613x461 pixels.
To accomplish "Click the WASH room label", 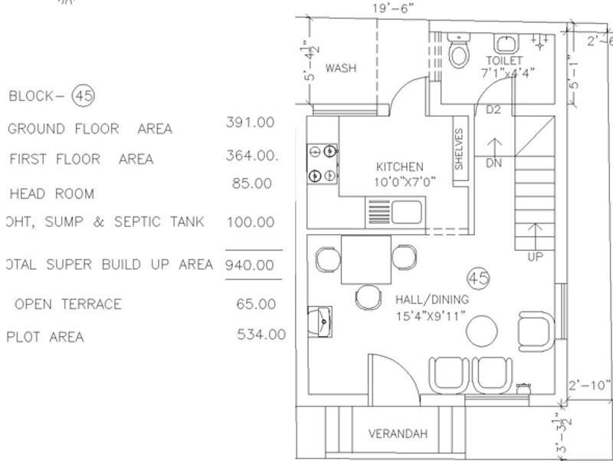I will [340, 68].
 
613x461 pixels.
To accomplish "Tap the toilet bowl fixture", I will [459, 52].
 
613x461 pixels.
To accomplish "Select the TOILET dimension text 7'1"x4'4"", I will [507, 74].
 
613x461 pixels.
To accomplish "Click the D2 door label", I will [493, 110].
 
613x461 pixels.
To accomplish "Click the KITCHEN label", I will [399, 166].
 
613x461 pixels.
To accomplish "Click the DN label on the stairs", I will [494, 163].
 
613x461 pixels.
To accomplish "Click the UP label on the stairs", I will [536, 257].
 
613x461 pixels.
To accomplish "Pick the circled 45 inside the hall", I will [478, 277].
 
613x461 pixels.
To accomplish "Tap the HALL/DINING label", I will [431, 299].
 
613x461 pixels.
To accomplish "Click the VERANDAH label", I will [398, 433].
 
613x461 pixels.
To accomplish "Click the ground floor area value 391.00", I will [250, 122].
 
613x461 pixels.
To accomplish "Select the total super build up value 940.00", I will [250, 265].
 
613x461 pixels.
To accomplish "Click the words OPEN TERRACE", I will [68, 304].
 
